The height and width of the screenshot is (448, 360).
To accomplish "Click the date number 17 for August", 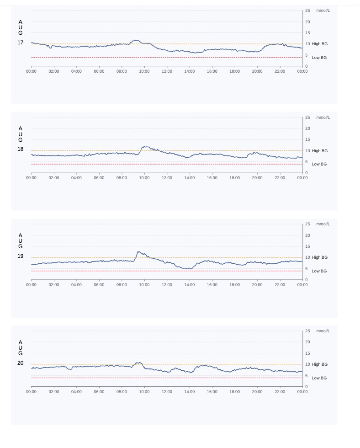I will pos(21,43).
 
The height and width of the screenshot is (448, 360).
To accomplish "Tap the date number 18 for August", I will pos(21,149).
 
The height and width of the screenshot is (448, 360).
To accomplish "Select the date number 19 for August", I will pos(21,256).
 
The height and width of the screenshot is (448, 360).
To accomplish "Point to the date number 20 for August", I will pos(21,363).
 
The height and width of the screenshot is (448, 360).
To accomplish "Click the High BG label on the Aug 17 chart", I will pos(319,44).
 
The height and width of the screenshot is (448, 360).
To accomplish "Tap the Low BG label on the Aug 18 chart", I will pos(319,164).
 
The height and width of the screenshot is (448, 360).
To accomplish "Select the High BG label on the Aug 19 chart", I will pos(319,257).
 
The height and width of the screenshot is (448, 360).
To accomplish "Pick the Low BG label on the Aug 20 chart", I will pos(319,378).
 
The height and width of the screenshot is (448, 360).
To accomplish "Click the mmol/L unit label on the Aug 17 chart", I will pos(323,11).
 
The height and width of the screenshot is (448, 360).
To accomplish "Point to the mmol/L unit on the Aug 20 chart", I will pos(323,331).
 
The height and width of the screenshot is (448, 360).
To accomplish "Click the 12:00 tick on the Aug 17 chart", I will pos(167,71).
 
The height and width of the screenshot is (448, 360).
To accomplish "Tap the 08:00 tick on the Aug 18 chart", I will pos(122,178).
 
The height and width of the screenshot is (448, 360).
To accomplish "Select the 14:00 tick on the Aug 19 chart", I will pos(189,285).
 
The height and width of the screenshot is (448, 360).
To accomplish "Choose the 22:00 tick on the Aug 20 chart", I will pos(280,392).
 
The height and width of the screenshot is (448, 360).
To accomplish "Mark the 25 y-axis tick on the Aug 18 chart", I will pos(307,117).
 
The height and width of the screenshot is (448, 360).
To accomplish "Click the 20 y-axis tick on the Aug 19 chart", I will pos(307,235).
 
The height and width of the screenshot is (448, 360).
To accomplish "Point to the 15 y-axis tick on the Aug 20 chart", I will pos(307,353).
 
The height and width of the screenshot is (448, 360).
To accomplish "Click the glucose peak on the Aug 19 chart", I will pos(138,252).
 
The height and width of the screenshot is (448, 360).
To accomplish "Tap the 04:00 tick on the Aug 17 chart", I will pos(76,71).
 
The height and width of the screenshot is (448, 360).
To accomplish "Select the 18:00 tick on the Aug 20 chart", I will pos(234,392).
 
